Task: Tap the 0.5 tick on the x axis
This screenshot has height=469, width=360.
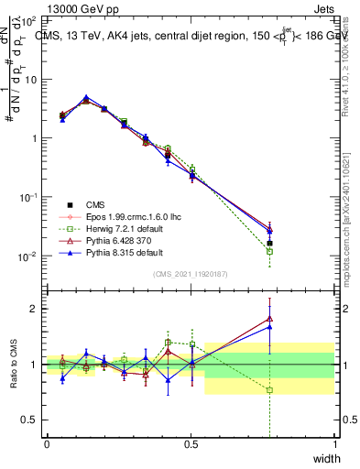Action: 191,444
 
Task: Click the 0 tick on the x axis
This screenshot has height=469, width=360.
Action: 47,444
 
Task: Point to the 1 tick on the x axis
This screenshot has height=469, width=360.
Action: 334,444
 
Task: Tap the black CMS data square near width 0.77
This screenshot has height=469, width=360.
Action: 269,244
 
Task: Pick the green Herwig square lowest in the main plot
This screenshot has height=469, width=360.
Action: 269,251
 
